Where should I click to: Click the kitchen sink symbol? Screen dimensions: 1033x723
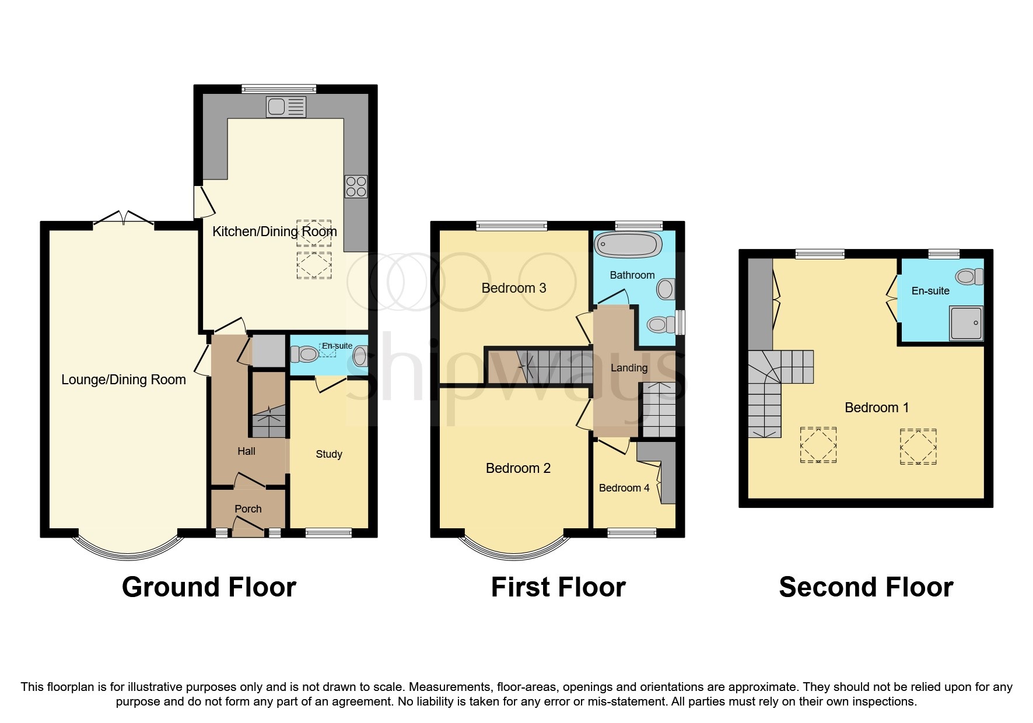pos(286,107)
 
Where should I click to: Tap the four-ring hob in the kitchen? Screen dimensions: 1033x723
pos(356,187)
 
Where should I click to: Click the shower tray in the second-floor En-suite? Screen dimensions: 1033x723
pos(967,322)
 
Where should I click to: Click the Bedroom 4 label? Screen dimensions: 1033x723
pos(624,488)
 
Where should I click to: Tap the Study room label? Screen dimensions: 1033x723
pos(329,454)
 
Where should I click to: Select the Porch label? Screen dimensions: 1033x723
pos(248,509)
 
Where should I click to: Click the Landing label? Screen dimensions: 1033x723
pos(629,368)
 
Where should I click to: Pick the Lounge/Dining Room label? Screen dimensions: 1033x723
pos(124,380)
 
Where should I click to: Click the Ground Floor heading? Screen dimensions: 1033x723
pos(209,587)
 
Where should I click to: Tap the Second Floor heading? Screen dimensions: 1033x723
pos(866,587)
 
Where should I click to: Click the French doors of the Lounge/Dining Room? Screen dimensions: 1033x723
pos(124,218)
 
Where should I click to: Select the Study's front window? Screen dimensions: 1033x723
pos(328,532)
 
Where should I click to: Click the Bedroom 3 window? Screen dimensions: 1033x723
pos(512,226)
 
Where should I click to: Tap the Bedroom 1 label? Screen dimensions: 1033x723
pos(877,408)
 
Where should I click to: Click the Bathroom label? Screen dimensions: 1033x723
pos(632,275)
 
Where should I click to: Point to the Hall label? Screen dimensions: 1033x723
pos(246,451)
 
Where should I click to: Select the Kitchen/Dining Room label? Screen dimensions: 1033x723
pos(275,231)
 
